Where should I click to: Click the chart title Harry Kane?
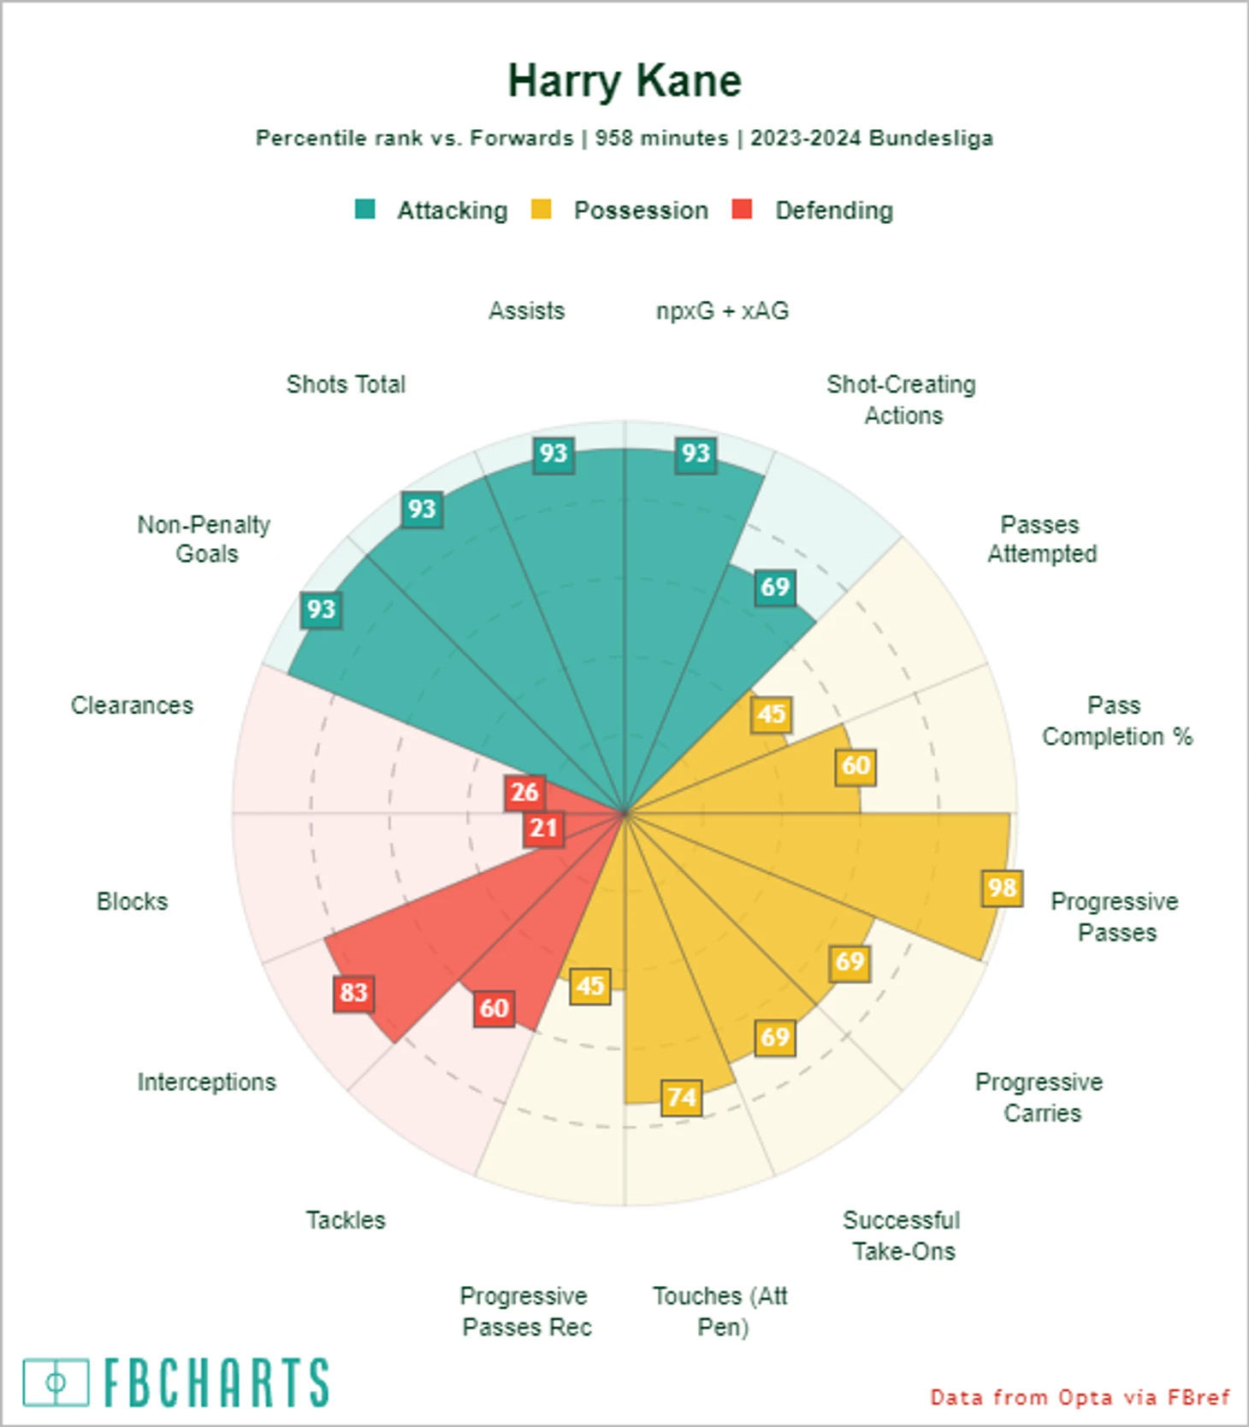(x=624, y=82)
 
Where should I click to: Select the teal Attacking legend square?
(x=365, y=209)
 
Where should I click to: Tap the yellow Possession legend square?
(x=541, y=209)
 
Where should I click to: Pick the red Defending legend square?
(x=743, y=209)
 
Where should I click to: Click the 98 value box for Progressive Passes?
(x=1002, y=888)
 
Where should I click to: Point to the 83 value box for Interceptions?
(x=353, y=993)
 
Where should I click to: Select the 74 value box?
(x=682, y=1097)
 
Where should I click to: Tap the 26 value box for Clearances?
(x=524, y=793)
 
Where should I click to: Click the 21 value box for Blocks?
(x=543, y=828)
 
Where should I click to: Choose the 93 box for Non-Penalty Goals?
(x=321, y=610)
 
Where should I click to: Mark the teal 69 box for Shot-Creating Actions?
(x=775, y=587)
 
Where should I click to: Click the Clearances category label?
(x=132, y=705)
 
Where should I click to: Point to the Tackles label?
(x=346, y=1220)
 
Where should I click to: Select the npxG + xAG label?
(x=722, y=311)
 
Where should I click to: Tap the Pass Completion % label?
(x=1116, y=721)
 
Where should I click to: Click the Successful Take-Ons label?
(x=902, y=1235)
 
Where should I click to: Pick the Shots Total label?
(x=346, y=385)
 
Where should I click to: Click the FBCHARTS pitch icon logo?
(x=56, y=1382)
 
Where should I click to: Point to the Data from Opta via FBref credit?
(x=1080, y=1398)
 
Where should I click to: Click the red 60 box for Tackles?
(x=494, y=1008)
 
